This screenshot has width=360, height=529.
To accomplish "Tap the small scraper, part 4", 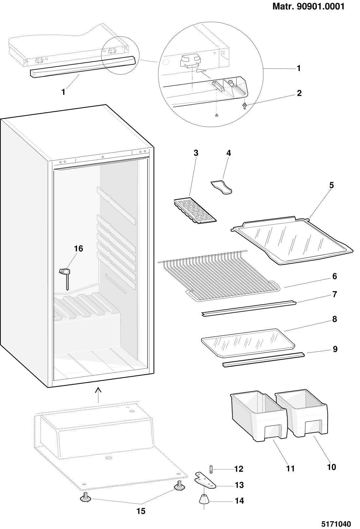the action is coord(221,188).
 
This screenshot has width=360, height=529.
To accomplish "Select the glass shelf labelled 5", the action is coord(292,240).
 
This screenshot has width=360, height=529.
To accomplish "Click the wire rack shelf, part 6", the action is coord(219,276).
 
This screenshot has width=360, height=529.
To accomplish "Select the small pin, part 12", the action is coord(211,469).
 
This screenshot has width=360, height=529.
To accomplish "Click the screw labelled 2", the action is coord(244,106).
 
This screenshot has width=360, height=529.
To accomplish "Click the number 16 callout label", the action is coord(79,248).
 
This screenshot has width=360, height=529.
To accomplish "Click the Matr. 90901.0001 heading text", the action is coord(309,6).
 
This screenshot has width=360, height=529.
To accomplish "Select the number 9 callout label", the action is coord(335,349).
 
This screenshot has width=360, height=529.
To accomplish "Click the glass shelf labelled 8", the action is coord(248,343).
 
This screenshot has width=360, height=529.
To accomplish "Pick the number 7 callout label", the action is coord(334,294).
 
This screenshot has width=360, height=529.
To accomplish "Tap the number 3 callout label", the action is coord(196,153).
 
